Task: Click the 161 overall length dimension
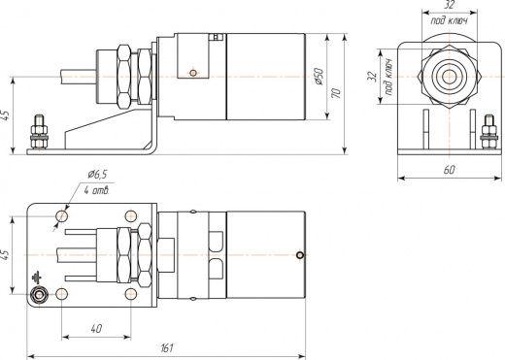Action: tap(167, 348)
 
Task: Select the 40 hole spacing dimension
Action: tap(96, 329)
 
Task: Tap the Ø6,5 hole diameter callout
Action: tap(97, 175)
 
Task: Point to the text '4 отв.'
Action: tap(97, 190)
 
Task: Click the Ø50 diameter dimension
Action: tap(319, 77)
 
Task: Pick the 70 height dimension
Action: tap(336, 93)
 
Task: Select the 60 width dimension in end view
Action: tap(449, 170)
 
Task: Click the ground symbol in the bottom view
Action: tap(37, 278)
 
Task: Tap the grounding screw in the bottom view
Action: tap(40, 295)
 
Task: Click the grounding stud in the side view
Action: tap(39, 132)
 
